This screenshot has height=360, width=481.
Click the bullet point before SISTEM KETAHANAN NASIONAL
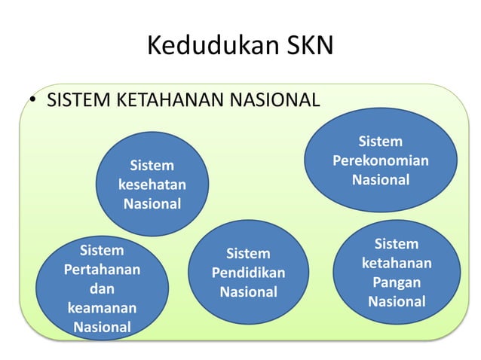pyautogui.click(x=34, y=101)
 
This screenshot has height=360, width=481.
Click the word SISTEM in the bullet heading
pyautogui.click(x=74, y=99)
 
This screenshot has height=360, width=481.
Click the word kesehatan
pyautogui.click(x=152, y=185)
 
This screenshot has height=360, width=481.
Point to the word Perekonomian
pyautogui.click(x=380, y=161)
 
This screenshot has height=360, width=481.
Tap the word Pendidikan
pyautogui.click(x=248, y=273)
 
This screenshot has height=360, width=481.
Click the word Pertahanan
pyautogui.click(x=102, y=269)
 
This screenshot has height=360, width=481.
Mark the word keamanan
pyautogui.click(x=102, y=308)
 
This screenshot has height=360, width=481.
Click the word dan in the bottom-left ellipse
pyautogui.click(x=102, y=288)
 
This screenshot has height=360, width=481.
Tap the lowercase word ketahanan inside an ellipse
pyautogui.click(x=396, y=264)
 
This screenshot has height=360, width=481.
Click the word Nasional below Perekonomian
pyautogui.click(x=380, y=180)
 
